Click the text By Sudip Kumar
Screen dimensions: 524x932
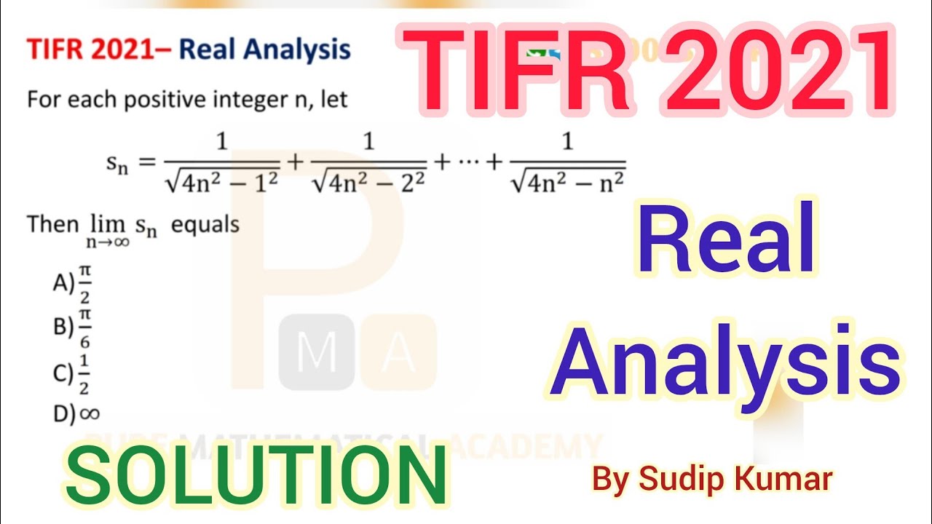tap(712, 480)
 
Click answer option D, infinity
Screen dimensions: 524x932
tap(76, 413)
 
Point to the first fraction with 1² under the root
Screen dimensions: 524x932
tap(222, 162)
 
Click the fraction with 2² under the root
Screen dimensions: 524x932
tap(368, 162)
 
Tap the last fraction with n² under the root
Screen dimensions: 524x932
tap(568, 162)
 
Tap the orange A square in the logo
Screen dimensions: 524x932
tap(398, 352)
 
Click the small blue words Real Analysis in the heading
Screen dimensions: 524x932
tap(265, 50)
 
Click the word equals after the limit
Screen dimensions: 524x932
tap(205, 225)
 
